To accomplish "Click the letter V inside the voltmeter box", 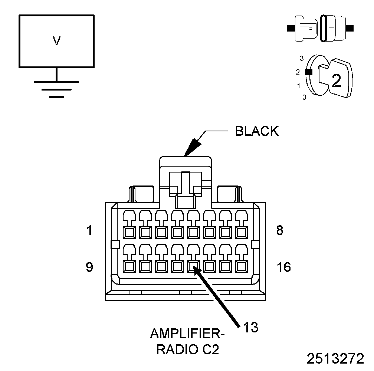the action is pyautogui.click(x=56, y=41).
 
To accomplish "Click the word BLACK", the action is pyautogui.click(x=257, y=131).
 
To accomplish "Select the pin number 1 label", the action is pyautogui.click(x=89, y=230).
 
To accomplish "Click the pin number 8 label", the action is pyautogui.click(x=280, y=230).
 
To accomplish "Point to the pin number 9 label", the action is pyautogui.click(x=89, y=267).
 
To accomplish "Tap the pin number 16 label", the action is pyautogui.click(x=284, y=267).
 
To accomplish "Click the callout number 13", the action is pyautogui.click(x=251, y=327).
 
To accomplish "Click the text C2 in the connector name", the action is pyautogui.click(x=211, y=349).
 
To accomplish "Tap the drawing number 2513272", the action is pyautogui.click(x=335, y=359).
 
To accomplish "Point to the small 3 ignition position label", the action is pyautogui.click(x=302, y=58).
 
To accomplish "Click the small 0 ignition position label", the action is pyautogui.click(x=304, y=97).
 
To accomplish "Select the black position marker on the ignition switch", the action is pyautogui.click(x=309, y=72).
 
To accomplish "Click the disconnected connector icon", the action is pyautogui.click(x=320, y=29).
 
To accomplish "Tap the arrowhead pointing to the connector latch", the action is pyautogui.click(x=193, y=148).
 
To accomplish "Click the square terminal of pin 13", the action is pyautogui.click(x=193, y=266).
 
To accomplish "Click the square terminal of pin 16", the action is pyautogui.click(x=242, y=266).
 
